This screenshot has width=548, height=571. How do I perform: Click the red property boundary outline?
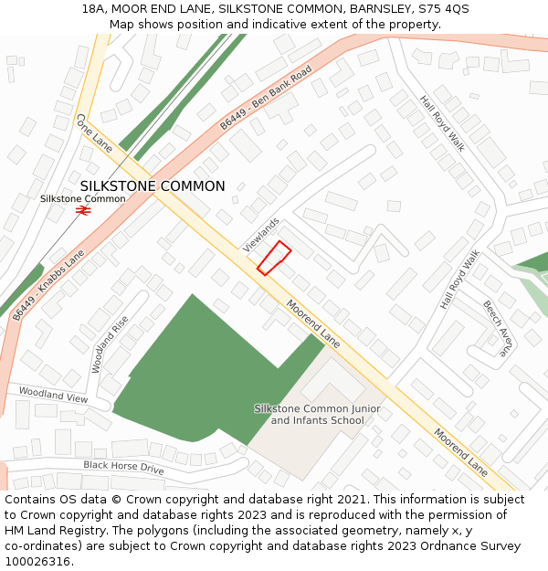tap(274, 258)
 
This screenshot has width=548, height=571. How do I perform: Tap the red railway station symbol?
tap(83, 210)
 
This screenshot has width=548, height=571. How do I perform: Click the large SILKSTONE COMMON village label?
tap(153, 186)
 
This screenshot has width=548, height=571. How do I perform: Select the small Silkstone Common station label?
tap(83, 198)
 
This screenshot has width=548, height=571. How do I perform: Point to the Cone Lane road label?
tap(94, 133)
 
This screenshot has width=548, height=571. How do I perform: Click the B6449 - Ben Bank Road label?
tap(266, 98)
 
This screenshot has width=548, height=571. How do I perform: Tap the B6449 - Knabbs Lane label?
tap(48, 284)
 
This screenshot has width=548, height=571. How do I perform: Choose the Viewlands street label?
tap(261, 235)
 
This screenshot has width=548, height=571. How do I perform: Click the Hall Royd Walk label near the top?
tap(442, 123)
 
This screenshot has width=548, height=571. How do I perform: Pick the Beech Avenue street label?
tap(499, 328)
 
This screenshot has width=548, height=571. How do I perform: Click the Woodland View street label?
tap(54, 396)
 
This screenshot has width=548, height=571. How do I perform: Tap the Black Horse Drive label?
tap(123, 467)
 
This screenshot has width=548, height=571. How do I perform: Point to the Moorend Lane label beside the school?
tap(313, 323)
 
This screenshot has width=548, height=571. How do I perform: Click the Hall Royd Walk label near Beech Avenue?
tap(459, 280)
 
